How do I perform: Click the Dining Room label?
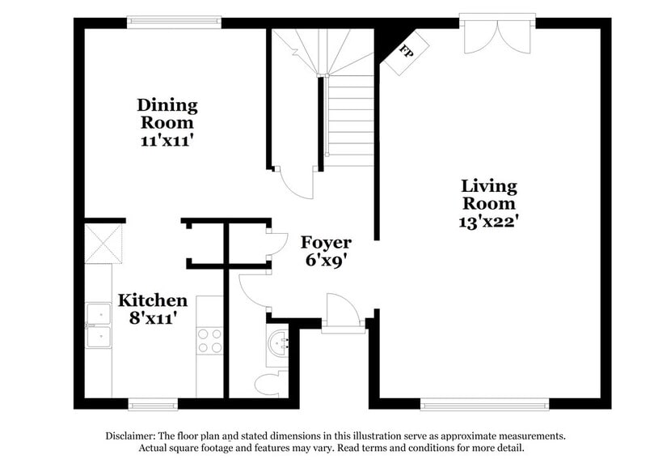(x=167, y=113)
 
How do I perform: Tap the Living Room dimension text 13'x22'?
(x=487, y=219)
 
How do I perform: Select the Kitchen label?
(x=153, y=300)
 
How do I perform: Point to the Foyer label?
(x=326, y=243)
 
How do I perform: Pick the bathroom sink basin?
(x=280, y=343)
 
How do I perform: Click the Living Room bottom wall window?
(x=485, y=403)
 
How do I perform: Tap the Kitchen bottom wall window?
(x=153, y=403)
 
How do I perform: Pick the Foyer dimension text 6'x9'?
(x=326, y=261)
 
